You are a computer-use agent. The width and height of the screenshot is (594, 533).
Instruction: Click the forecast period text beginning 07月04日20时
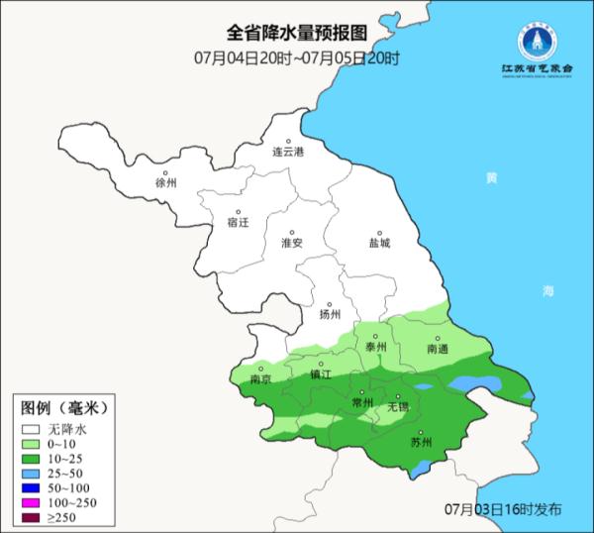coord(296,57)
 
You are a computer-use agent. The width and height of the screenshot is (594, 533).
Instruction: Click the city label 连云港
coord(288,152)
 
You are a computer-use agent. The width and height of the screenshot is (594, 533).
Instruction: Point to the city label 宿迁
coord(239,223)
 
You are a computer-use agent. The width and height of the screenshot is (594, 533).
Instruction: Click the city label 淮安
coord(291,242)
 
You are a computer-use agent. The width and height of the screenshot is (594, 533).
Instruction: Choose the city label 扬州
coord(330,314)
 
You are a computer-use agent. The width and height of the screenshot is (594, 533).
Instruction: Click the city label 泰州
coord(376,347)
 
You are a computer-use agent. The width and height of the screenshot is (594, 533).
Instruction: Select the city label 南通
coord(438,349)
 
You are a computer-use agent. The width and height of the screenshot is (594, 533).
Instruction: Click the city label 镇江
coord(320,374)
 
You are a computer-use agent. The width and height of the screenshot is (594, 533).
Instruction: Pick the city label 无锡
coord(397,406)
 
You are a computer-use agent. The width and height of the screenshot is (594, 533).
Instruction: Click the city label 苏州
coord(422,443)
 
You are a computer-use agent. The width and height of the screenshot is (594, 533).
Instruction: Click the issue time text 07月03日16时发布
coord(503,507)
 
